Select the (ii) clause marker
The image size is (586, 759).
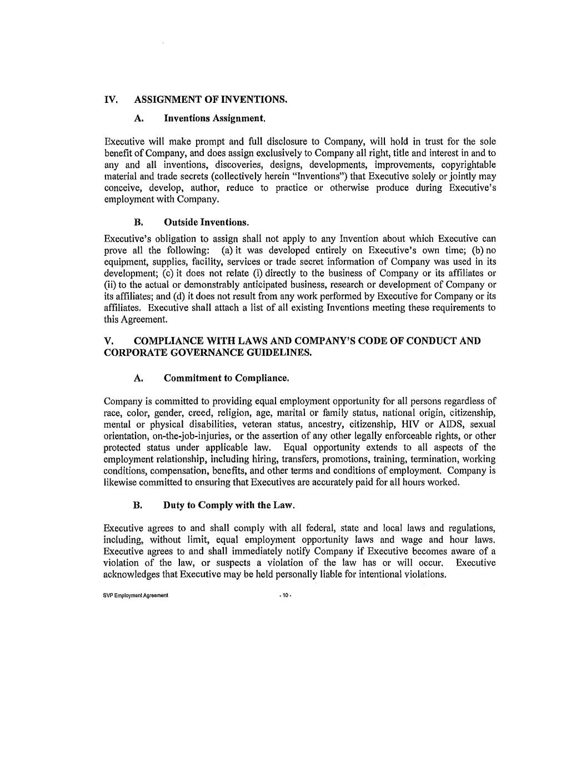(x=110, y=285)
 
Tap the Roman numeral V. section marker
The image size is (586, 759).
(x=109, y=341)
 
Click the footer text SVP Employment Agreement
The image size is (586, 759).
(x=136, y=596)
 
